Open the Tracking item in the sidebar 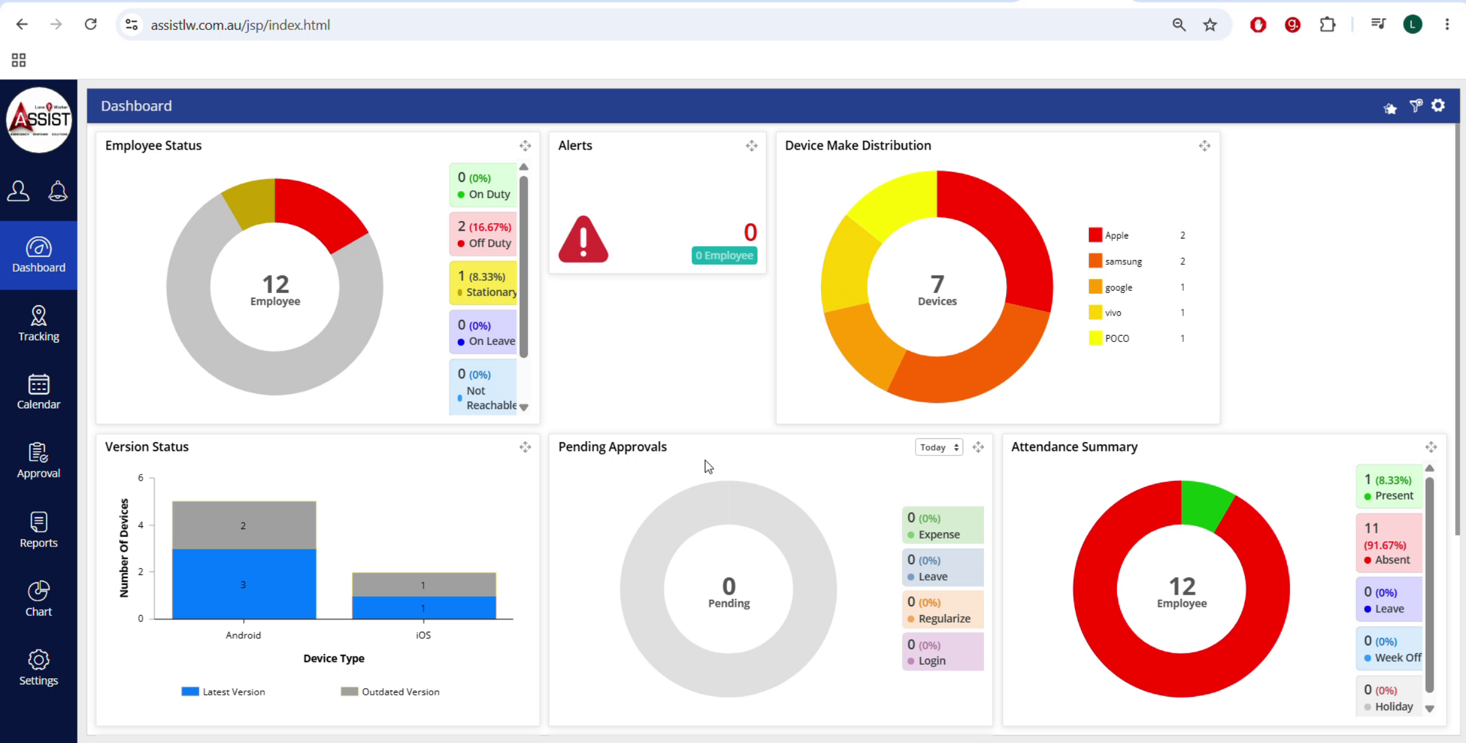[x=38, y=324]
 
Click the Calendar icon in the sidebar [x=38, y=385]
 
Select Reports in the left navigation [x=38, y=530]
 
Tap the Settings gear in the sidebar [x=38, y=660]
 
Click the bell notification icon [x=58, y=191]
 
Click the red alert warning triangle [x=583, y=239]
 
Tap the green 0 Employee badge [x=724, y=255]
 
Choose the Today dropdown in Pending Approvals [x=939, y=448]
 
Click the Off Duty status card [x=483, y=234]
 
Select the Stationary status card [x=483, y=283]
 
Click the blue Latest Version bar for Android [x=244, y=584]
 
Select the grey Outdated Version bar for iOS [x=424, y=584]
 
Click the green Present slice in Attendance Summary [x=1206, y=503]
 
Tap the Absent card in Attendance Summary [x=1389, y=543]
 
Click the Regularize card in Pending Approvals [x=943, y=609]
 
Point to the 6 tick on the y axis [x=140, y=477]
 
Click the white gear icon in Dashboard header [x=1439, y=106]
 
